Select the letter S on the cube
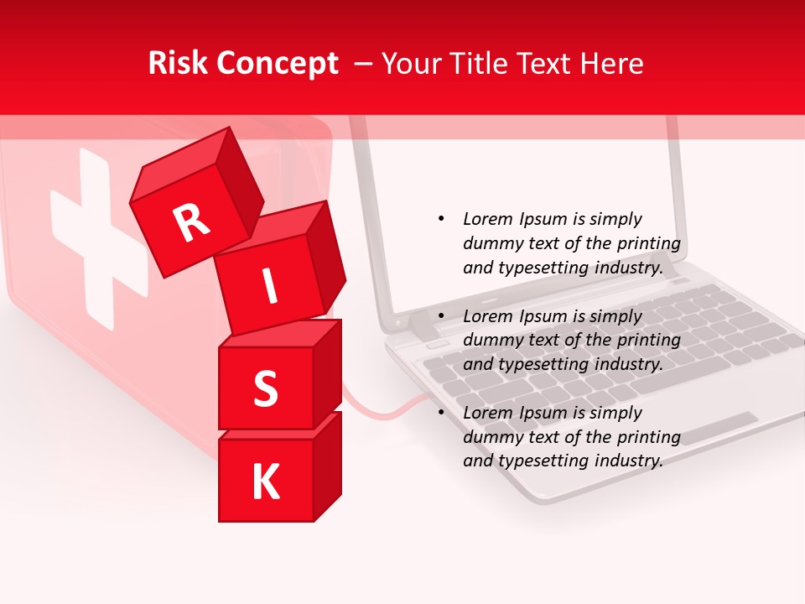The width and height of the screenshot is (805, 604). tap(265, 388)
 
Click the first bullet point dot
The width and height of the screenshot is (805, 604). tap(441, 219)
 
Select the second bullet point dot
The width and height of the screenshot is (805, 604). tap(441, 316)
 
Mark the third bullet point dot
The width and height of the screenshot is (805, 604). tap(441, 413)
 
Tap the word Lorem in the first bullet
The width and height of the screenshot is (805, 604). tap(487, 219)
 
